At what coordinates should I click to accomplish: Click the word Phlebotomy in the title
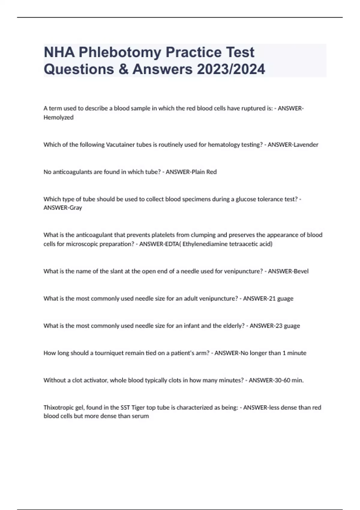[x=120, y=52]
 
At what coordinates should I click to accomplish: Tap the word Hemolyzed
[x=58, y=118]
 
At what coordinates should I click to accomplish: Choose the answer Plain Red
[x=204, y=172]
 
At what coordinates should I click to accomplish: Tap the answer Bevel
[x=301, y=271]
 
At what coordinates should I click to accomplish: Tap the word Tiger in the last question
[x=138, y=408]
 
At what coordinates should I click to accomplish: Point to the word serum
[x=140, y=416]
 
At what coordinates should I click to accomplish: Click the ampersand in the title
[x=123, y=69]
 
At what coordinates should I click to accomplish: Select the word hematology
[x=224, y=145]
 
